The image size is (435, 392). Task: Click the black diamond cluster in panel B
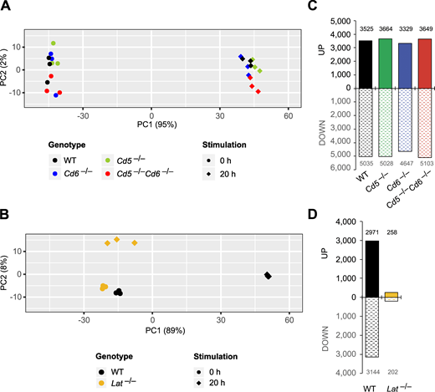[x=268, y=276]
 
